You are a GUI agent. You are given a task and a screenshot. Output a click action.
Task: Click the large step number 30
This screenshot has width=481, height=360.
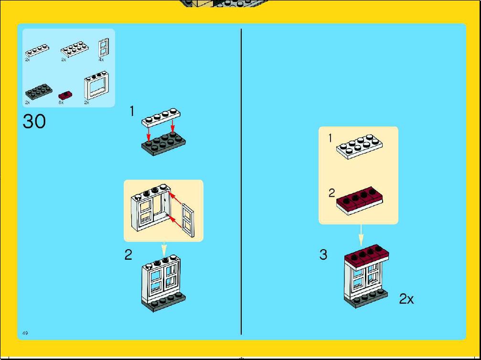(34, 121)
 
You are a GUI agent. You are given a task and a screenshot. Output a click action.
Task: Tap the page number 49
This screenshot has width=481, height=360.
(25, 333)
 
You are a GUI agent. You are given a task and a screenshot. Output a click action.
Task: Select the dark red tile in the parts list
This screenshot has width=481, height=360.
(65, 95)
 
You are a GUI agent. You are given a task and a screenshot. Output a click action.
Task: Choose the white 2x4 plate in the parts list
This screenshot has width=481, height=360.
(75, 49)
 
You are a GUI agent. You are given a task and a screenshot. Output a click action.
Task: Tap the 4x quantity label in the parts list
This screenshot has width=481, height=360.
(101, 60)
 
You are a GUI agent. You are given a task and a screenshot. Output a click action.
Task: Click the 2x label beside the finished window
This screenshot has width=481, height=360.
(406, 299)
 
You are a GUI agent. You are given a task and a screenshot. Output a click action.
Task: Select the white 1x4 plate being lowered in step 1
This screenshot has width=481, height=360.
(161, 117)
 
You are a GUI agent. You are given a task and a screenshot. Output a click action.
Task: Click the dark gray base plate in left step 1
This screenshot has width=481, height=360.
(163, 144)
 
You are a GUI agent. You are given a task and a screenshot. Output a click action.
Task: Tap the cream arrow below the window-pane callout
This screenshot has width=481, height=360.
(164, 249)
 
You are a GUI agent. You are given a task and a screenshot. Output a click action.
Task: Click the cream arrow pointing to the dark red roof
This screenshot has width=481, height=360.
(361, 235)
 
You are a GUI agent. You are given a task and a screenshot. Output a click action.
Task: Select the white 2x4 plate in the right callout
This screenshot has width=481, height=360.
(359, 146)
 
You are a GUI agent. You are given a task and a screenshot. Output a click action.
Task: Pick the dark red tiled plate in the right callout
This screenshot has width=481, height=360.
(360, 201)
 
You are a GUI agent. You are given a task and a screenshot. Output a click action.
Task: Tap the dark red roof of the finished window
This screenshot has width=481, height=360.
(367, 256)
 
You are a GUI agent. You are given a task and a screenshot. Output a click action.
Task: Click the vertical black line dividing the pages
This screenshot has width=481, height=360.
(241, 181)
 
